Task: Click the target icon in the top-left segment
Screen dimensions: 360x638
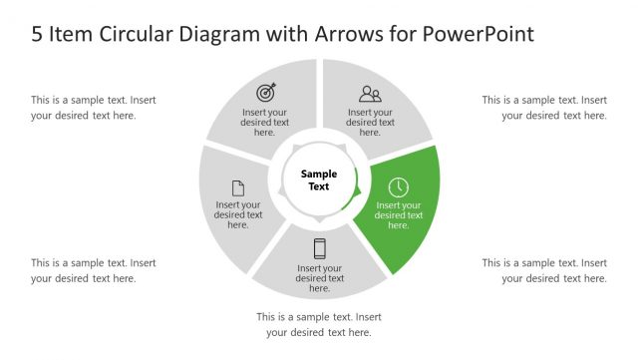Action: tap(265, 93)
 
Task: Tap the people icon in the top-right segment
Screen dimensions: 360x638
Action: tap(370, 95)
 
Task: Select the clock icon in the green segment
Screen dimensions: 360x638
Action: tap(398, 186)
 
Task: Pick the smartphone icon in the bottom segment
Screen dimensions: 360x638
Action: tap(320, 248)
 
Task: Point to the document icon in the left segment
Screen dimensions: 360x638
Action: tap(238, 187)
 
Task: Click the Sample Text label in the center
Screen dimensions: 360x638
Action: tap(319, 180)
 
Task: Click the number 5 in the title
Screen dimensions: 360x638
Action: tap(37, 34)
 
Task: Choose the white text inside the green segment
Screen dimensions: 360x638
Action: tap(399, 214)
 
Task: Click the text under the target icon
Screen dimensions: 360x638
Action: tap(264, 122)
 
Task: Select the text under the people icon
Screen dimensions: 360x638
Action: tap(370, 122)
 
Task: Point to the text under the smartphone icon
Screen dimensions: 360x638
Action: tap(320, 278)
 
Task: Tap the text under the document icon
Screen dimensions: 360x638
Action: tap(239, 214)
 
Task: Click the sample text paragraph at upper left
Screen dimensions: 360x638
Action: tap(94, 107)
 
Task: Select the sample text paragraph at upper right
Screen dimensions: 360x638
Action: tap(544, 107)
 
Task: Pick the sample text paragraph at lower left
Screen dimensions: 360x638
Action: tap(94, 270)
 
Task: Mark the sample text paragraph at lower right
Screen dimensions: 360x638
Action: tap(544, 270)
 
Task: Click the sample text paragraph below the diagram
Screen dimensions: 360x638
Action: tap(319, 324)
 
